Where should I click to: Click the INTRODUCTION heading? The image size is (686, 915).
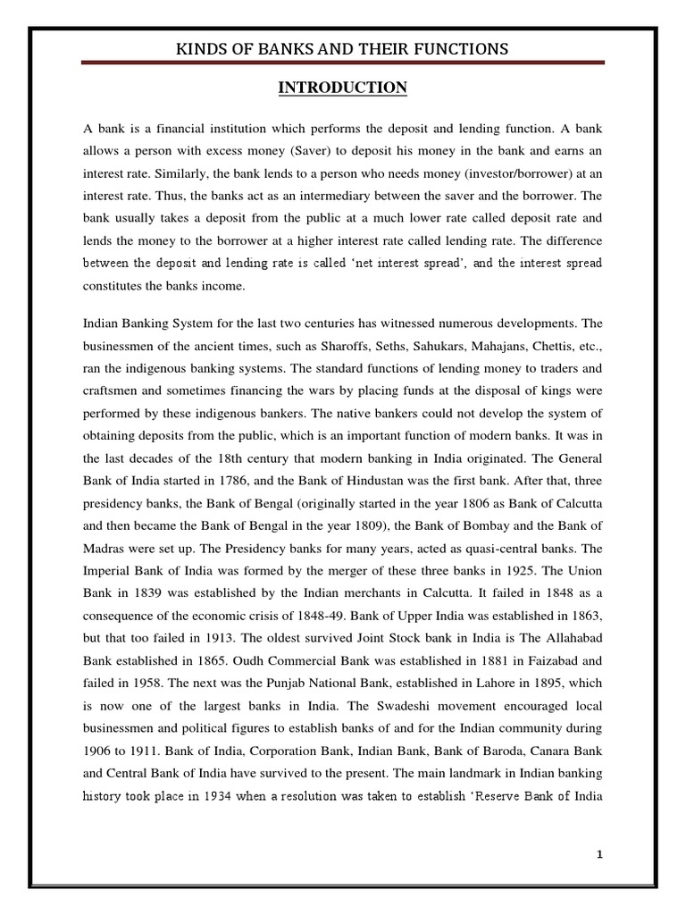pyautogui.click(x=343, y=87)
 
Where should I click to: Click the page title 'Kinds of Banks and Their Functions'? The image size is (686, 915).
pyautogui.click(x=343, y=48)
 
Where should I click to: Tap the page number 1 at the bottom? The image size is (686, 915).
pyautogui.click(x=601, y=829)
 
